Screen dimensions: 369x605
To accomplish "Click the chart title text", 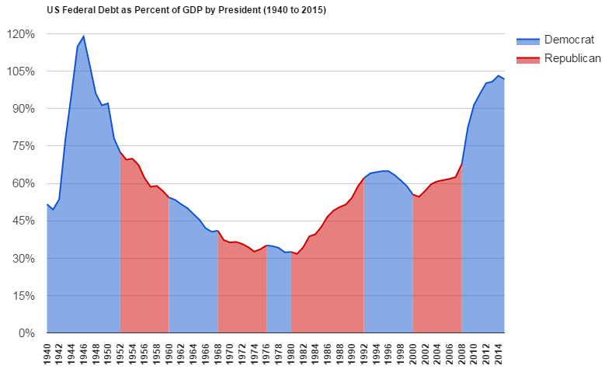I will tap(186, 10).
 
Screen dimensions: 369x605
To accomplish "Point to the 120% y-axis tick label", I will tap(21, 34).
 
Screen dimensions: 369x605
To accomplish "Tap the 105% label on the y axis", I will tap(21, 71).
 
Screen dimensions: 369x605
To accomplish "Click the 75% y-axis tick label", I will tap(23, 146).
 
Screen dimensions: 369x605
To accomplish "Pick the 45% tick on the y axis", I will tap(23, 221).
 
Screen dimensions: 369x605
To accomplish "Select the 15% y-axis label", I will tap(23, 295).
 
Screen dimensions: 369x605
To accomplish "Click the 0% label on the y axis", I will tap(26, 332).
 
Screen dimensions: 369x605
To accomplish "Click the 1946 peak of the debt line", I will tap(84, 36).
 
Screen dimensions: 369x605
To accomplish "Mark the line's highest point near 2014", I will tap(498, 75).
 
